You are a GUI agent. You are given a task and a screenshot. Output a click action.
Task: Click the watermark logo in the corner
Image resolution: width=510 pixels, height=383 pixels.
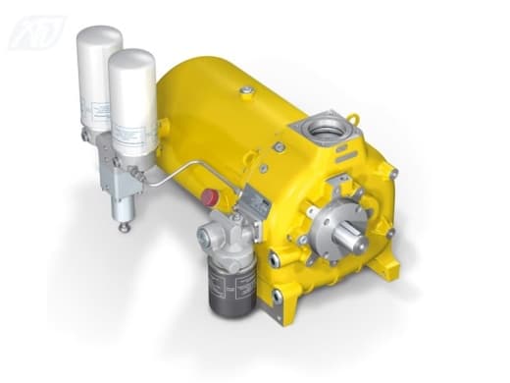coord(37,30)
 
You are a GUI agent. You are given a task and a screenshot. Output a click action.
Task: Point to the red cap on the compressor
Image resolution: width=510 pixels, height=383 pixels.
coord(210,197)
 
